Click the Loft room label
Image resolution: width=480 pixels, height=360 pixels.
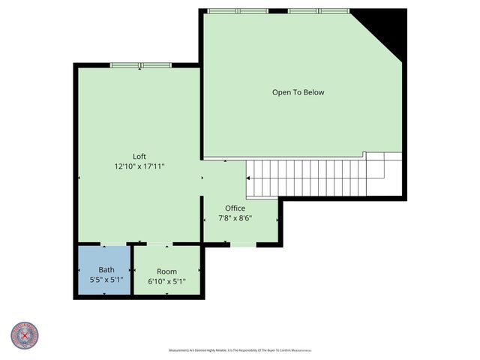(x=139, y=157)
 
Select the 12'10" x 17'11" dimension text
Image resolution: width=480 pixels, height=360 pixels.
(x=139, y=166)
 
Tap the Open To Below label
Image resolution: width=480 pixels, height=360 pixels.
(x=298, y=92)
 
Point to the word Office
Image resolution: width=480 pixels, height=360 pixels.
(x=235, y=208)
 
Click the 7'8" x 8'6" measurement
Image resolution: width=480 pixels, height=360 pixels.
(x=235, y=218)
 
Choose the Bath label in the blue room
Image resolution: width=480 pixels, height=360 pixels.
(x=106, y=270)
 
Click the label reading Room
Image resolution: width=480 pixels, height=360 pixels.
(x=166, y=271)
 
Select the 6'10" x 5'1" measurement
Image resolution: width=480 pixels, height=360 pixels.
(x=166, y=281)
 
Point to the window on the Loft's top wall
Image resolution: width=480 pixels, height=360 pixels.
(x=141, y=65)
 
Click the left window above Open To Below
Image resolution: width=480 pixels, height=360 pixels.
(x=237, y=10)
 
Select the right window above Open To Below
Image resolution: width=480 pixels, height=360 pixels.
(x=319, y=10)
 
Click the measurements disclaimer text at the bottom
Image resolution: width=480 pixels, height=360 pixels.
(x=239, y=349)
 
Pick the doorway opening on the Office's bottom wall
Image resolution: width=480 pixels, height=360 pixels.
(x=241, y=244)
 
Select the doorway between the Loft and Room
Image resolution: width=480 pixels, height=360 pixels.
(x=157, y=244)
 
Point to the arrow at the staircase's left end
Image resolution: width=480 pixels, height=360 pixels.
(x=247, y=178)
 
